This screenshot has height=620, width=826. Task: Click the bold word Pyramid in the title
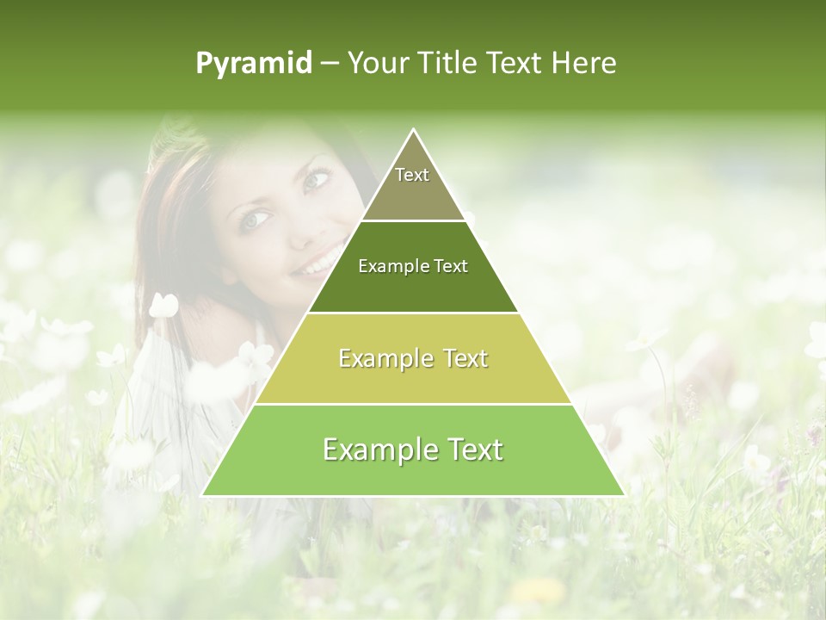tap(254, 64)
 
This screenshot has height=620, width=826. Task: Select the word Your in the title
tap(376, 63)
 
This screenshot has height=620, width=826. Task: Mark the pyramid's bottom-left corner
tap(204, 495)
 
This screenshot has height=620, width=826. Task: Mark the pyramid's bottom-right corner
tap(623, 495)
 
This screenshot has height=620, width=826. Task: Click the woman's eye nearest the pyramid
tap(317, 179)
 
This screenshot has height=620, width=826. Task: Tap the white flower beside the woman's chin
tap(163, 306)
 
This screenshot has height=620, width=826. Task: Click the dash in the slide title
tap(330, 64)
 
